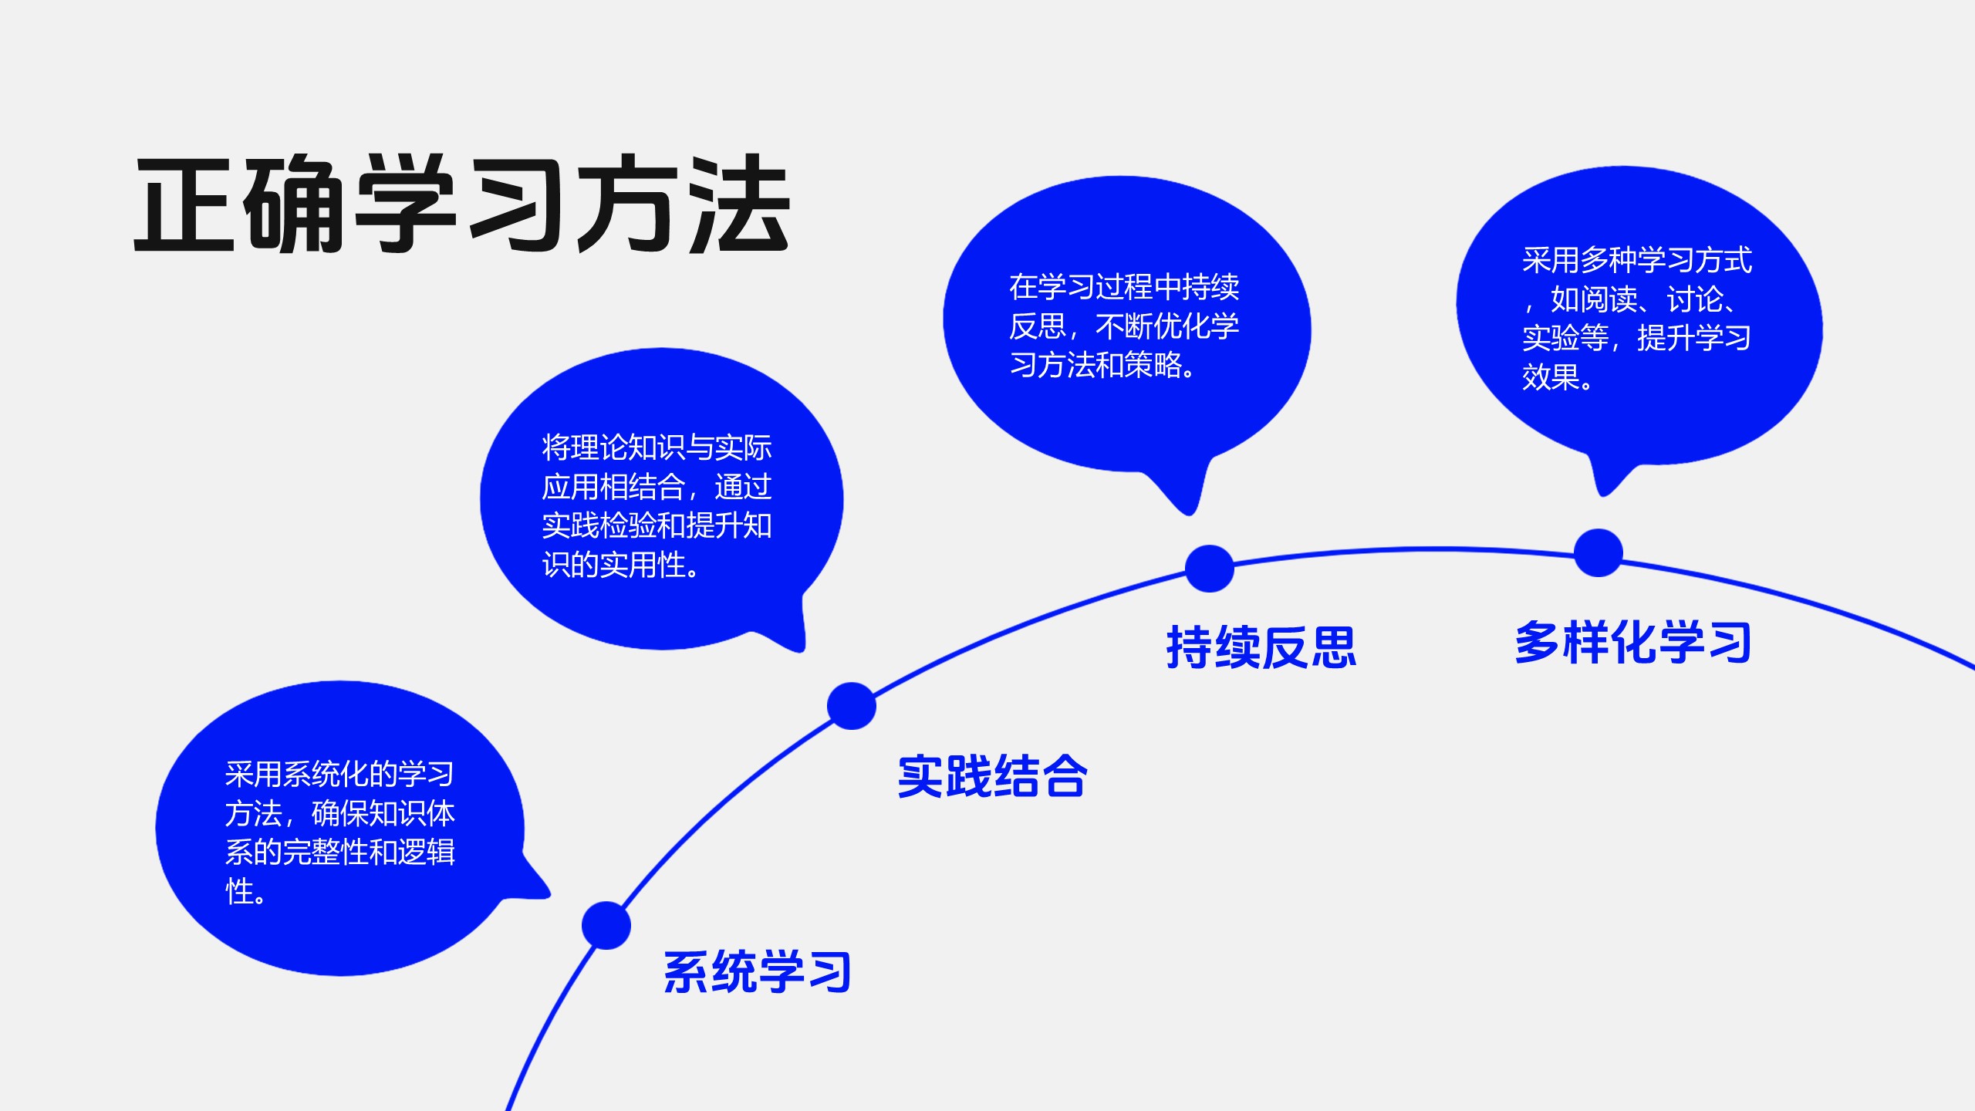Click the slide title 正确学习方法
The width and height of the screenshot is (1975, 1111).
click(x=461, y=204)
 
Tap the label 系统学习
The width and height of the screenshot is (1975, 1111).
click(x=757, y=971)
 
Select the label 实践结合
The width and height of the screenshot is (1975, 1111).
click(x=992, y=776)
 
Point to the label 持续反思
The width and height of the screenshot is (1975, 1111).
click(x=1261, y=647)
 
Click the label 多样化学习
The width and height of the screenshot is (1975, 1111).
click(x=1633, y=642)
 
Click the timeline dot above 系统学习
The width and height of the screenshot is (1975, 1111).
click(x=606, y=925)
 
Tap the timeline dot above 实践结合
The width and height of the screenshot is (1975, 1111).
click(x=852, y=705)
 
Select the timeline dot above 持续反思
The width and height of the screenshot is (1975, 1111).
click(x=1209, y=569)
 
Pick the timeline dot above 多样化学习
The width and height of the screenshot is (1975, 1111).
click(x=1598, y=552)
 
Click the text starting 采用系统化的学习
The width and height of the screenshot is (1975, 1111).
click(x=339, y=832)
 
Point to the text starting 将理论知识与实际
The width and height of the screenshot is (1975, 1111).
click(x=657, y=505)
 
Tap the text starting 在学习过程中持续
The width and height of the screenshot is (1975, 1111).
click(x=1124, y=326)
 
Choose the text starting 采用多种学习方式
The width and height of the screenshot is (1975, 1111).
click(x=1636, y=318)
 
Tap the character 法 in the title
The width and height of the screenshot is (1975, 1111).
click(x=739, y=204)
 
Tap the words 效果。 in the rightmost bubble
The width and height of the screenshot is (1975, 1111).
click(x=1557, y=378)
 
